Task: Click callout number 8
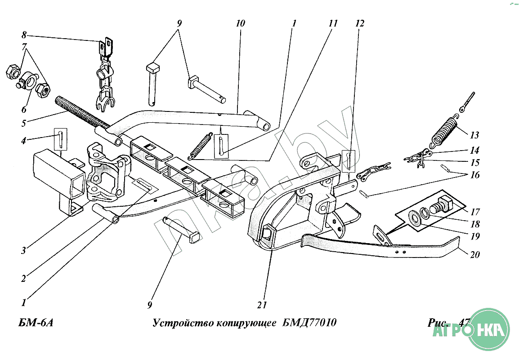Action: (24, 35)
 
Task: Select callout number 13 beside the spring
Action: (474, 135)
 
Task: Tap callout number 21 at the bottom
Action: (262, 305)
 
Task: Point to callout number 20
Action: (474, 255)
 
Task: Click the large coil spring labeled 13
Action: (446, 131)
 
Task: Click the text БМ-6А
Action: (36, 324)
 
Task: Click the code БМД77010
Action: (310, 324)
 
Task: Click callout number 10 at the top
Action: (240, 23)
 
